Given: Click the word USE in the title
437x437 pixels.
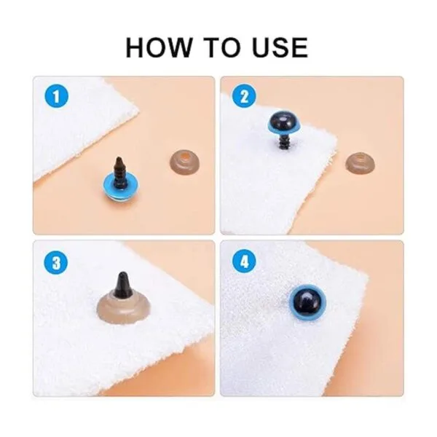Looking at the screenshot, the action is tap(280, 47).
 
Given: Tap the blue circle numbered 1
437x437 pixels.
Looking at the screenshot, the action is tap(57, 97).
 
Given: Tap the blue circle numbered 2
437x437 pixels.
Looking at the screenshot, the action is tap(244, 97).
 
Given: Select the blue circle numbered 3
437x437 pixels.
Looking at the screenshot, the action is tap(56, 262).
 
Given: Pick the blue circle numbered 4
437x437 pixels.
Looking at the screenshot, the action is tap(244, 261).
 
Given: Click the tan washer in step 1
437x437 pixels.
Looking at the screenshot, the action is tap(184, 162).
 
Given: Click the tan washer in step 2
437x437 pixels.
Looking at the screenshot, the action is tap(360, 162).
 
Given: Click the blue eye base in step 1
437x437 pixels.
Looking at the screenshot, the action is tap(120, 189).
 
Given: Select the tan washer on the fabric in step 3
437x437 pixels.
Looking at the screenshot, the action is tap(124, 307).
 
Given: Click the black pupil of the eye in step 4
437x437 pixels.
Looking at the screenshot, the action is tap(308, 302).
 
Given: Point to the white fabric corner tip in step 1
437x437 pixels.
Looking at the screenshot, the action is tap(138, 111).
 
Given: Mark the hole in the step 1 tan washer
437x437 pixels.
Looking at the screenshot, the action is tap(185, 158).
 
